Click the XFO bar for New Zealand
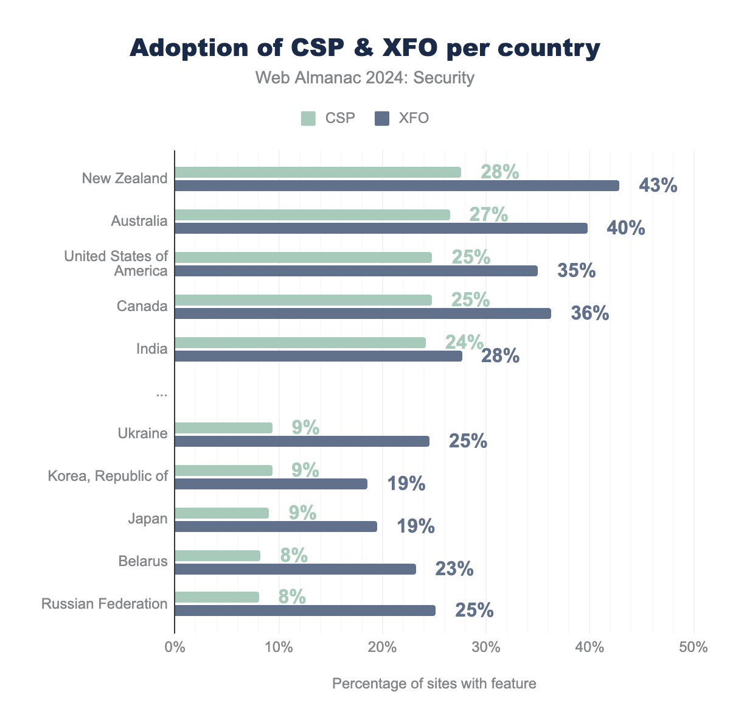tap(397, 186)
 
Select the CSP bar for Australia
tap(312, 215)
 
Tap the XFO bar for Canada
tap(363, 313)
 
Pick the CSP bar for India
tap(300, 343)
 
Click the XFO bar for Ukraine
tap(302, 441)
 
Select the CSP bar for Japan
tap(221, 513)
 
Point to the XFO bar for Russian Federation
tap(305, 611)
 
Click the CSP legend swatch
tap(308, 118)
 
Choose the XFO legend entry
tap(402, 118)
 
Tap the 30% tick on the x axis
tap(486, 647)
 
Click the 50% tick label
tap(693, 647)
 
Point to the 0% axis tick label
tap(175, 647)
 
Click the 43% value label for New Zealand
tap(658, 186)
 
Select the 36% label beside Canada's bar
tap(589, 313)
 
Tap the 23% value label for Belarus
tap(454, 569)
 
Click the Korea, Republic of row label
tap(108, 476)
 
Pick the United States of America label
tap(116, 264)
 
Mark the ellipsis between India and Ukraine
tap(161, 394)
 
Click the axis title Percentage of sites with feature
tap(434, 684)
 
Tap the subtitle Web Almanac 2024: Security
tap(364, 78)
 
